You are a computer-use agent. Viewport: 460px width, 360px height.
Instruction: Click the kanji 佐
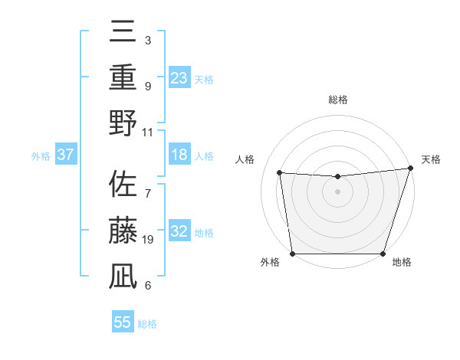click(x=123, y=184)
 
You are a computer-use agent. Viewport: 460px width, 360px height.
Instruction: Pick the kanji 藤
click(x=123, y=230)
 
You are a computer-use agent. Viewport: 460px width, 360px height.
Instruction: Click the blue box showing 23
click(x=179, y=77)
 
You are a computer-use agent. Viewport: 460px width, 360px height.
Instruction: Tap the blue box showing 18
click(x=179, y=155)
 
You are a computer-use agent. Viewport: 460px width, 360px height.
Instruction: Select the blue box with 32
click(x=179, y=232)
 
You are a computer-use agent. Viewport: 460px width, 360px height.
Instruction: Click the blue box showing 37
click(x=65, y=155)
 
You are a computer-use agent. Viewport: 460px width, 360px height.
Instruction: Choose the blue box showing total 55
click(x=123, y=322)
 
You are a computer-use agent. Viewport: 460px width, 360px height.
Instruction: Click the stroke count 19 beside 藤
click(x=148, y=240)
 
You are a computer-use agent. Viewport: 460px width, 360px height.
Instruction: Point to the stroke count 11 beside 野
click(x=148, y=132)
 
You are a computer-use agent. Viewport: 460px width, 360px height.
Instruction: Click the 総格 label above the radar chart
click(x=338, y=100)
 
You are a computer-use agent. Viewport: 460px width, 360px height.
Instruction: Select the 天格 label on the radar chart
click(x=431, y=159)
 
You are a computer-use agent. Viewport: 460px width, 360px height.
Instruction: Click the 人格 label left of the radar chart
click(x=246, y=159)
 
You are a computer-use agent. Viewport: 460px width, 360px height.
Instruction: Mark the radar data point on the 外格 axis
click(x=292, y=254)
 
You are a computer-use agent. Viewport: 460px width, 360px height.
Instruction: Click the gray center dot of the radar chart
click(x=338, y=191)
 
